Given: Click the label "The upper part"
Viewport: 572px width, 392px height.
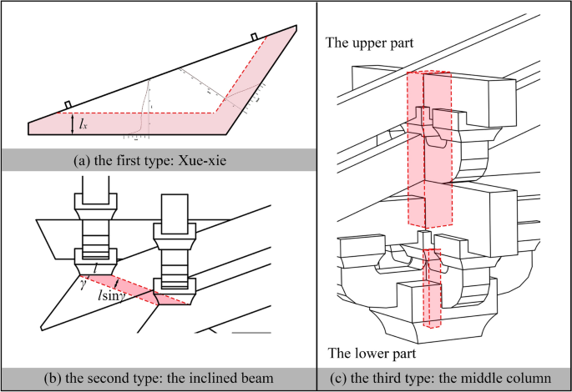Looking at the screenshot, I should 372,43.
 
